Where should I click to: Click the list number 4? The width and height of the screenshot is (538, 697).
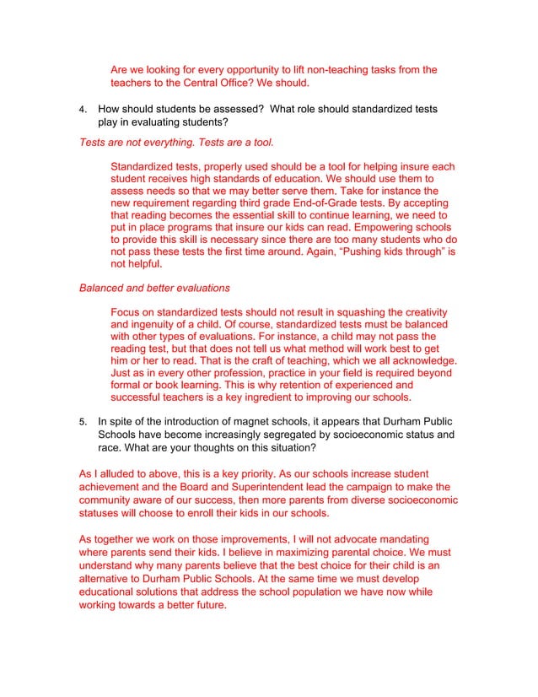point(82,109)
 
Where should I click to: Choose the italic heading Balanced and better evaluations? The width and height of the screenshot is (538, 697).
point(154,288)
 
